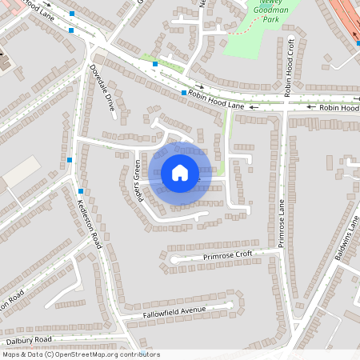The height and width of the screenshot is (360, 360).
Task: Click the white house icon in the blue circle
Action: click(180, 172)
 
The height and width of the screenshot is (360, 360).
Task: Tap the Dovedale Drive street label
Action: click(103, 91)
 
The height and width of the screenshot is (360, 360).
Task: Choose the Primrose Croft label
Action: click(227, 255)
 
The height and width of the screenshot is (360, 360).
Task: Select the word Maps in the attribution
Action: click(12, 354)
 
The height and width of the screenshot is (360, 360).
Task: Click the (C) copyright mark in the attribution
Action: click(48, 354)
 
